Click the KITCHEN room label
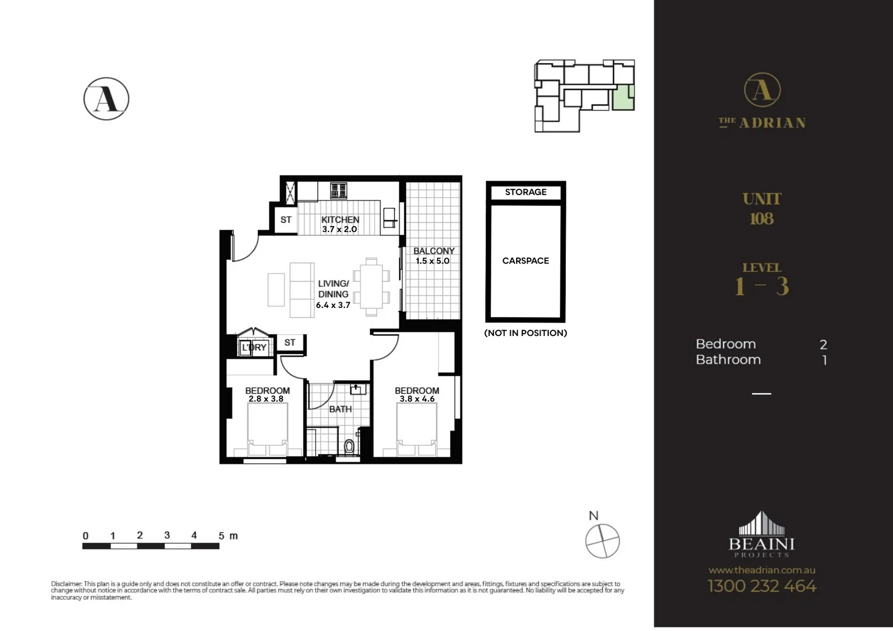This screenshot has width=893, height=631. [x=340, y=220]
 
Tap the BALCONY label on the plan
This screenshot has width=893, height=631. [x=434, y=251]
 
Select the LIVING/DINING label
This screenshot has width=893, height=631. [x=333, y=289]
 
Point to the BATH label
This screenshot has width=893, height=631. [x=340, y=409]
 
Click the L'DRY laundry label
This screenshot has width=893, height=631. [x=254, y=347]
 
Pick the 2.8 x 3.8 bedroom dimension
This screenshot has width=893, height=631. [x=266, y=399]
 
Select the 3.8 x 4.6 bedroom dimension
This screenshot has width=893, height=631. [x=417, y=399]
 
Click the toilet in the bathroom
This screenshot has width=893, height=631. [x=349, y=447]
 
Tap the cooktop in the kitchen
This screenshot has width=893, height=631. [x=338, y=190]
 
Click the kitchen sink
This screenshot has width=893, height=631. [x=389, y=217]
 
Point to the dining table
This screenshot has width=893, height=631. [x=371, y=286]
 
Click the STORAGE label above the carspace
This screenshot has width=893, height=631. [x=525, y=192]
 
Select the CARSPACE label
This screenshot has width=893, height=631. [x=525, y=261]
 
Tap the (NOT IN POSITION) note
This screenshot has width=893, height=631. [x=525, y=333]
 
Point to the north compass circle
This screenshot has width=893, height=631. [x=603, y=541]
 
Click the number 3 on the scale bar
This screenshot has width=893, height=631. [x=167, y=535]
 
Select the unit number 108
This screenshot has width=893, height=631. [x=762, y=219]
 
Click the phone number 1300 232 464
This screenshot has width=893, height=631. [x=762, y=586]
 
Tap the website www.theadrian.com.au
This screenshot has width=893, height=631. [x=762, y=570]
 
